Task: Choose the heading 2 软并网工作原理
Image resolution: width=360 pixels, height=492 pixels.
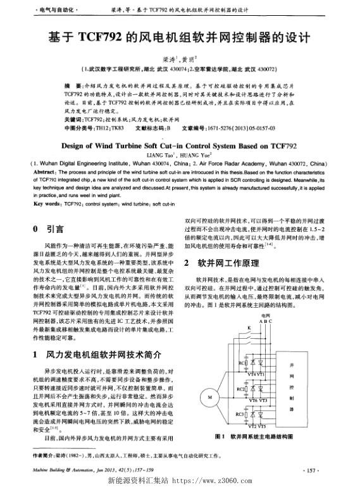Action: click(221, 262)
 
